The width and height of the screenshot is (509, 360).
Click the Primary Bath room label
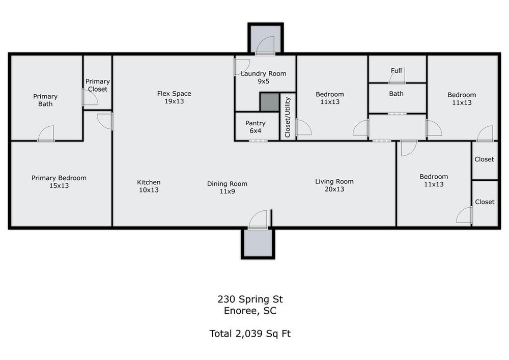pos(45,100)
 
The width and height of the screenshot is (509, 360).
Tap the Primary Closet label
pos(97,85)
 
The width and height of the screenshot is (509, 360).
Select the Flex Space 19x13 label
pos(174,97)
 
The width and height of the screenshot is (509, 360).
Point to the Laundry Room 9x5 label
pos(263,77)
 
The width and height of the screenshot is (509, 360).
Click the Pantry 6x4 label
pos(256,127)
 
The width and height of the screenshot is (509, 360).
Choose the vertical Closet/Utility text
pos(287,117)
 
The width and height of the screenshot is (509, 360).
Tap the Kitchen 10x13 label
pos(149,186)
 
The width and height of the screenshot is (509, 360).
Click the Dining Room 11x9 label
pos(227,187)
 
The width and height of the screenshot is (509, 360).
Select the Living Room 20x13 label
pos(334,185)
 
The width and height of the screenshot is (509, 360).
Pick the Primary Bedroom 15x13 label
pos(59,181)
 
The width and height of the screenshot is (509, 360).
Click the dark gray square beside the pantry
pos(269,102)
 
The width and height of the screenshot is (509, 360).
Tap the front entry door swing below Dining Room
pos(258,219)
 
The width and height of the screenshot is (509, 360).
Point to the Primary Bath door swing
pos(46,133)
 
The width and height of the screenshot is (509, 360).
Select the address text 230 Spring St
pos(250,299)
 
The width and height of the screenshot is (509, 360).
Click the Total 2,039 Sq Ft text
pos(250,334)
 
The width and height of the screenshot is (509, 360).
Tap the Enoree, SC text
pos(250,311)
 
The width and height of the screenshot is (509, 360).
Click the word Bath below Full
pos(397,94)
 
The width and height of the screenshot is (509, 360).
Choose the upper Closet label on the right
pos(484,159)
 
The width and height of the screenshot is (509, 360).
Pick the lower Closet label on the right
pos(485,202)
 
